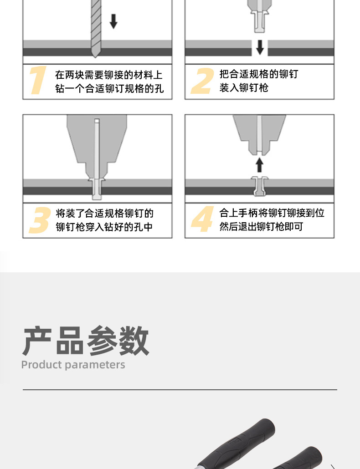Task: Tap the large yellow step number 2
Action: (203, 81)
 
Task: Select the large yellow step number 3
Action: (40, 220)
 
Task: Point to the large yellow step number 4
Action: (202, 219)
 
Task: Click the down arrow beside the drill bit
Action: (113, 21)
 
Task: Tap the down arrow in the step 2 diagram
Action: (260, 47)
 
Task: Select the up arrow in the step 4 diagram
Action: (259, 165)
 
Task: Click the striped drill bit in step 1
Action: (96, 28)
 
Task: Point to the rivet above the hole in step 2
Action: (259, 21)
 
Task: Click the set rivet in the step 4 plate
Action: (259, 186)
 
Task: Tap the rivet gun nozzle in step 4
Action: (259, 135)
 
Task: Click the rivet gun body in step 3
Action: (97, 147)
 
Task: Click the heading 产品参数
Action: (86, 341)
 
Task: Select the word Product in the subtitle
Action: (41, 365)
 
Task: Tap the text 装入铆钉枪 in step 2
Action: (244, 87)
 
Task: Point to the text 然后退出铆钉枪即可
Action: (261, 226)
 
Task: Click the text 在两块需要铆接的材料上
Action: (109, 75)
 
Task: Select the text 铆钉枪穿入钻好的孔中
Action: (104, 227)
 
